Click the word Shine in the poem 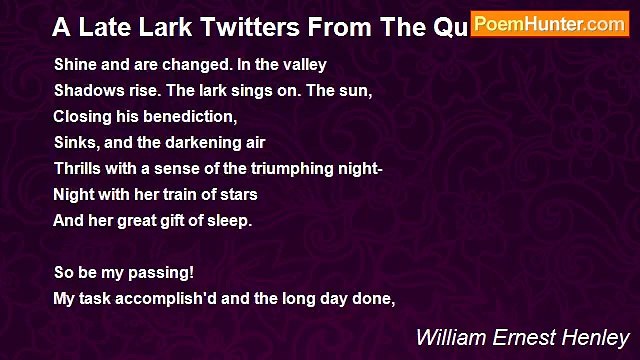(x=73, y=64)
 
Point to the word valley (x=304, y=64)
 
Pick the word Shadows (x=85, y=90)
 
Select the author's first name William (x=449, y=336)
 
